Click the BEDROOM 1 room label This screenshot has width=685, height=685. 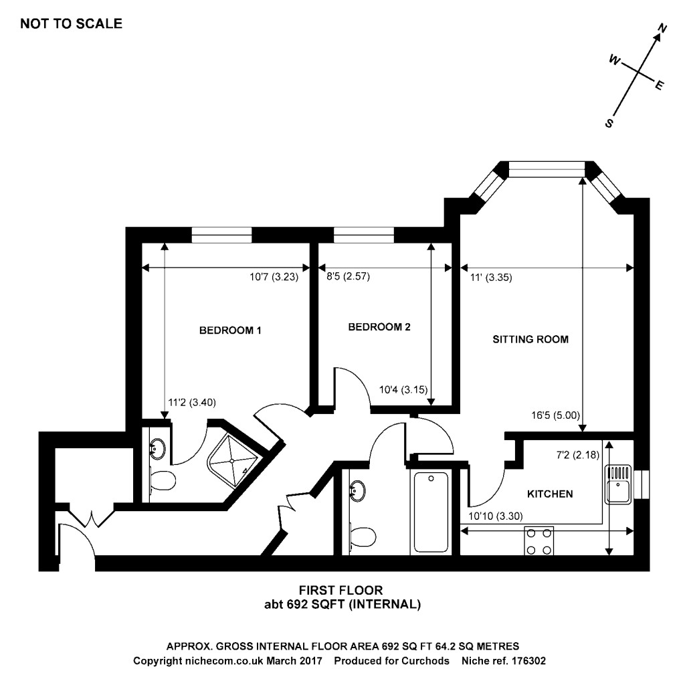[230, 330]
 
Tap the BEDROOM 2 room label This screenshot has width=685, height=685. [379, 327]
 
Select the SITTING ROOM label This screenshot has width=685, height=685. [530, 339]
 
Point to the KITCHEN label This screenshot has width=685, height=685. [550, 494]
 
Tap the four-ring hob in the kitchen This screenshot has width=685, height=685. [539, 541]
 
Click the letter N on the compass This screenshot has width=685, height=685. [663, 29]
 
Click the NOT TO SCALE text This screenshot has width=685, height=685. [72, 24]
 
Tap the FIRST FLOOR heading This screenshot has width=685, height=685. [340, 590]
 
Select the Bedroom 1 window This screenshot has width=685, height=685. [221, 235]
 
